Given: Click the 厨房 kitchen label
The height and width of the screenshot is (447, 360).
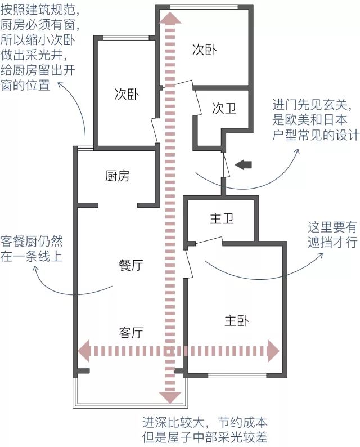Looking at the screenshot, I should point(117,176).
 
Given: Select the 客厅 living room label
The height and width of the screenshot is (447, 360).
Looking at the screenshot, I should point(130,333).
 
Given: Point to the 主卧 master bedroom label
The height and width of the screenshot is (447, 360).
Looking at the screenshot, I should point(236,321).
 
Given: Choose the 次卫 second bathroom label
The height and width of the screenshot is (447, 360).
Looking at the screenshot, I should point(224,109).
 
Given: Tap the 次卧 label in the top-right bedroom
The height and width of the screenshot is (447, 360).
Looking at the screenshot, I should point(204,50).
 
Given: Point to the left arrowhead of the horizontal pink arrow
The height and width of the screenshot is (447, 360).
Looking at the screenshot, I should point(84,350).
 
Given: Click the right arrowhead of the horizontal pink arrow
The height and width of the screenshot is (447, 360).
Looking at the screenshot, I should point(273,350).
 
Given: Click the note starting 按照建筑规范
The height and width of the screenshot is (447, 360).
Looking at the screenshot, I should point(39,47).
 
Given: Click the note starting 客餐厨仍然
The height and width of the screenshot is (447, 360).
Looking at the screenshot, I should point(31,248).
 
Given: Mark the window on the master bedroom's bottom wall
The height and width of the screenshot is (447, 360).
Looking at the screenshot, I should point(233,374).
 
